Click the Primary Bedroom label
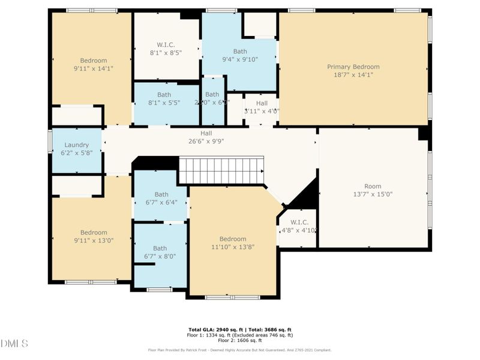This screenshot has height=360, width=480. [353, 67]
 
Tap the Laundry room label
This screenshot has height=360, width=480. [77, 145]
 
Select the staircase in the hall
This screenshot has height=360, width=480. [221, 170]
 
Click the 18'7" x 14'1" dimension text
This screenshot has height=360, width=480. [353, 75]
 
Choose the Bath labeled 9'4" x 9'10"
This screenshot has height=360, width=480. [239, 55]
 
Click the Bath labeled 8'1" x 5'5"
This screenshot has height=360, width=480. [164, 98]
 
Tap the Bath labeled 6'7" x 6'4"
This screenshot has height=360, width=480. [161, 198]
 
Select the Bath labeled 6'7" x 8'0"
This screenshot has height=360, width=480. [160, 252]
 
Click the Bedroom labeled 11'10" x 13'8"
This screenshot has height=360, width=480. [232, 242]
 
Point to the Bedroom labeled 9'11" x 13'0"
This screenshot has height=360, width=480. [94, 236]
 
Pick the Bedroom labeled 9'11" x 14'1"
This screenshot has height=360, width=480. [94, 64]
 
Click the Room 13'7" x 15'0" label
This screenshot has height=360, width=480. [373, 190]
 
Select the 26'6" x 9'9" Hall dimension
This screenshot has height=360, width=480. [206, 142]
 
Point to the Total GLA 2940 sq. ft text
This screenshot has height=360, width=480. [215, 330]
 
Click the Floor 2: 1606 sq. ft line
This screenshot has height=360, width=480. [240, 340]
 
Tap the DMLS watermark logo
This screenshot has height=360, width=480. [14, 344]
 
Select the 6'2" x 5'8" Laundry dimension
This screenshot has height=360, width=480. [77, 153]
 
